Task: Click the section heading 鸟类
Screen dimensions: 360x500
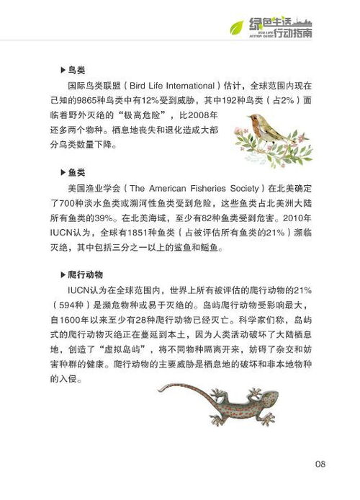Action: (x=77, y=70)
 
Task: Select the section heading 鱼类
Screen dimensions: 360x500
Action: (x=77, y=173)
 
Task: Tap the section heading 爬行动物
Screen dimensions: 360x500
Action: (x=86, y=274)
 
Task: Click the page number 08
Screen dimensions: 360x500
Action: (x=321, y=463)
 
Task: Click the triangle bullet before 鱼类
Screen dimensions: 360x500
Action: (x=62, y=174)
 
